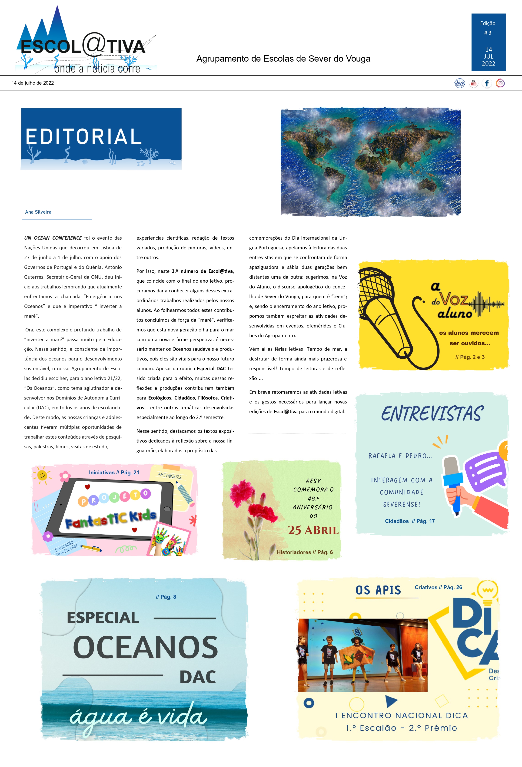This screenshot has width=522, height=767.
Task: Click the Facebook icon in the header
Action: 487,83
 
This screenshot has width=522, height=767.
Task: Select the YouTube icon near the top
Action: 473,83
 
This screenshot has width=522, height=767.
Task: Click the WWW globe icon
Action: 460,83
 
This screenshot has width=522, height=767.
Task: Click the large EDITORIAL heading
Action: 84,137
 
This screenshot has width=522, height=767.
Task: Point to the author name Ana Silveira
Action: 38,212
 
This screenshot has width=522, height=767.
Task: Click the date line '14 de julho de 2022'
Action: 33,83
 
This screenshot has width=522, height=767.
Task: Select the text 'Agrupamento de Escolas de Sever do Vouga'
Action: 283,59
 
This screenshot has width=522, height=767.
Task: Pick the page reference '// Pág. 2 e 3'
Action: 470,357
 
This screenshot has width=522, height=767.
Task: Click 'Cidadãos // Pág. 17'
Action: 410,521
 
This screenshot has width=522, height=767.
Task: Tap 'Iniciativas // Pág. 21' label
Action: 114,473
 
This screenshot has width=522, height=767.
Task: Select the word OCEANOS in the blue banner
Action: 145,647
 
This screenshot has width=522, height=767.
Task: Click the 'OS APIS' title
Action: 378,590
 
